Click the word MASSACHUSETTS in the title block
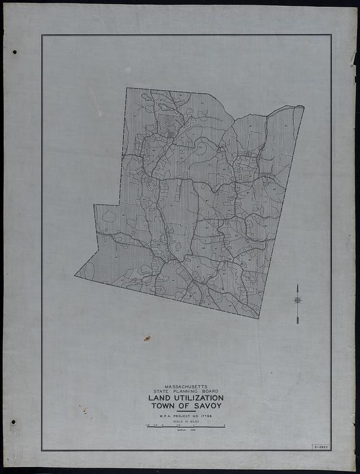coord(186,386)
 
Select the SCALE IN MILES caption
coord(186,422)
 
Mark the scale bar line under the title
coord(186,426)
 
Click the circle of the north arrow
coord(297,300)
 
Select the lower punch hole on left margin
coord(13,422)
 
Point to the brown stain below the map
coord(146,338)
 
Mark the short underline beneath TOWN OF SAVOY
coord(186,412)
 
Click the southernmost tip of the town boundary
coord(259,318)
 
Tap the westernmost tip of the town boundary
coord(75,275)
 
